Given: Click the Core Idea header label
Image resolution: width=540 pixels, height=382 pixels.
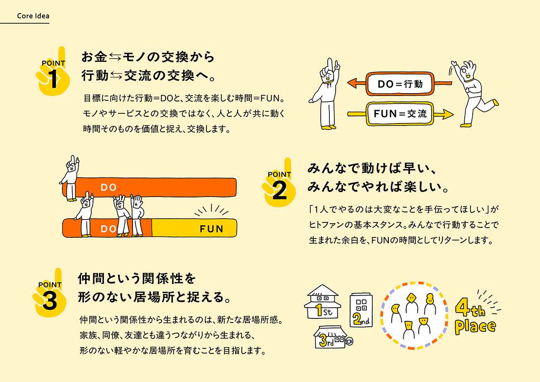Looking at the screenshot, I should (x=33, y=16).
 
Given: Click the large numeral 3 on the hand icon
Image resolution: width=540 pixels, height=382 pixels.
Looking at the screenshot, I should (x=49, y=302).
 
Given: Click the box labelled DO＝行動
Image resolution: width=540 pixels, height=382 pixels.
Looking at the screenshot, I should (x=400, y=84).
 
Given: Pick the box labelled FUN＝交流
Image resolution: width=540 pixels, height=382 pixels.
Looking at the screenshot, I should (x=400, y=113).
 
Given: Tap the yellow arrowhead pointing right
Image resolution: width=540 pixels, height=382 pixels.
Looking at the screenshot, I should (x=447, y=113).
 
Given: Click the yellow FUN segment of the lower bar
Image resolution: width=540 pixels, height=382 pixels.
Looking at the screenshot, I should (x=194, y=228).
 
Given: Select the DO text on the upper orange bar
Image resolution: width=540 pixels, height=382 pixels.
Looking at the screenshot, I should (x=109, y=187).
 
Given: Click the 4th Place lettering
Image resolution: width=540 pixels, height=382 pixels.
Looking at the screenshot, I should (x=475, y=318).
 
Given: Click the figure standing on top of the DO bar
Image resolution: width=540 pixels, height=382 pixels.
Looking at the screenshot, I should (x=71, y=177).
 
